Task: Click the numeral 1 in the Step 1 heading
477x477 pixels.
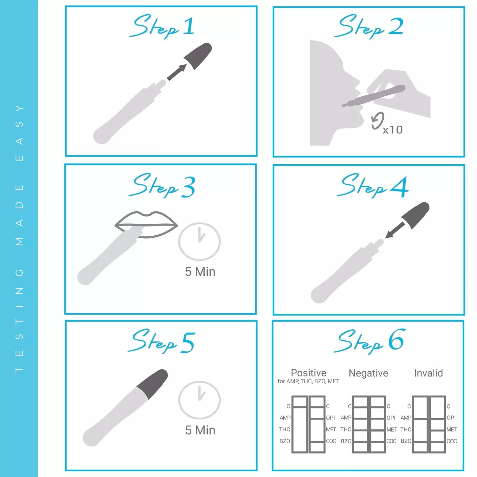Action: tap(189, 26)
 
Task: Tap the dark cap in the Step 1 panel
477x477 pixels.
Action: tap(198, 55)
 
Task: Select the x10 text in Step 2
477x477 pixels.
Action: tap(393, 130)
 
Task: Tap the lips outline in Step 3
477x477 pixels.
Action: tap(146, 224)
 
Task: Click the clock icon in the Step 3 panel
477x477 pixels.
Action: tap(199, 241)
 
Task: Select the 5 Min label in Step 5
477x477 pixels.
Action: tap(200, 430)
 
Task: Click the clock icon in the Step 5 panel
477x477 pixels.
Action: tap(199, 400)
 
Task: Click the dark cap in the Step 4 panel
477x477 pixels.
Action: tap(415, 215)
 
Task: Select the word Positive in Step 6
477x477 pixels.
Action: tap(308, 373)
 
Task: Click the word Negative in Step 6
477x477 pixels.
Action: tap(368, 373)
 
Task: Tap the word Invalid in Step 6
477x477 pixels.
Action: tap(428, 373)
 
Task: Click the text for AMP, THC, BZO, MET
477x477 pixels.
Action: tap(308, 381)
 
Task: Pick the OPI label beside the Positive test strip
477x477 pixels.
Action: tap(331, 418)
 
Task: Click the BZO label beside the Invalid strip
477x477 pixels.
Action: tap(406, 441)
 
